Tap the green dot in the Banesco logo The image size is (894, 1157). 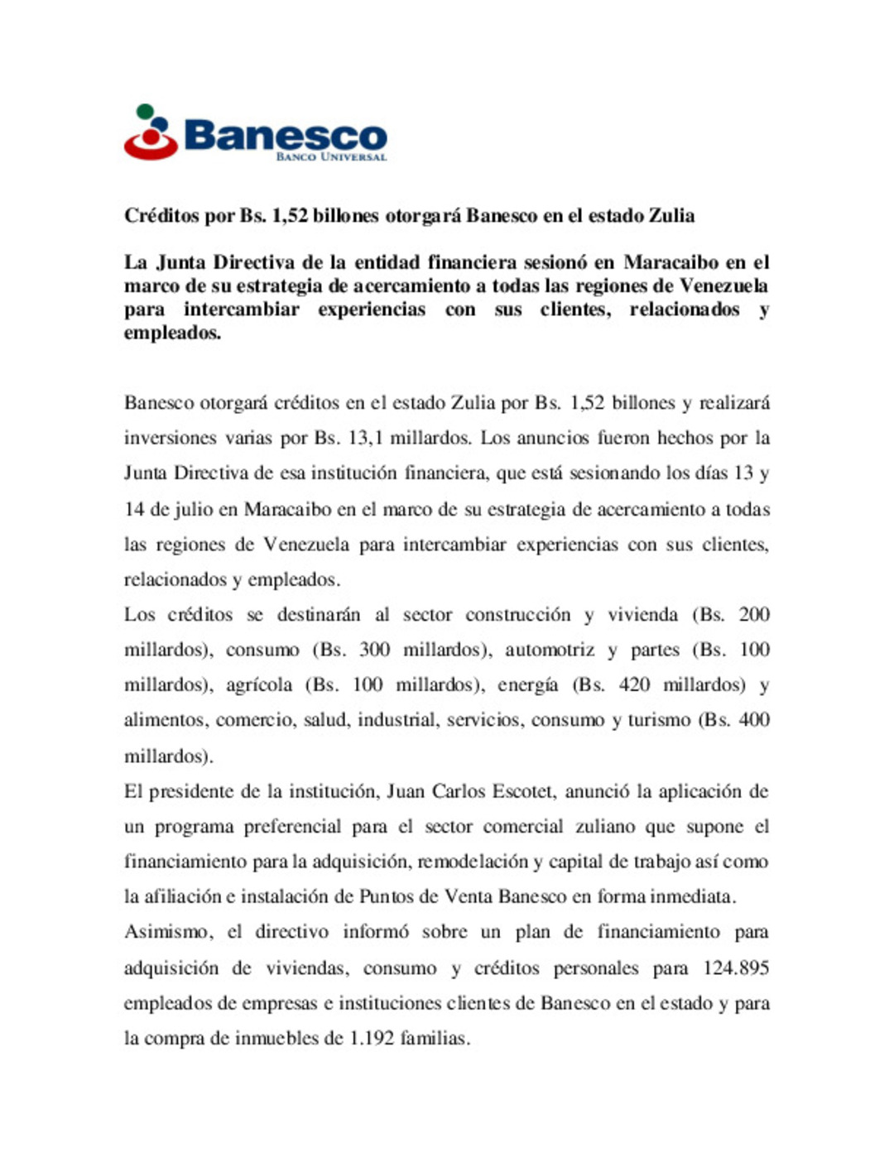point(145,110)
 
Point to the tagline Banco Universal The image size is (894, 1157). point(331,156)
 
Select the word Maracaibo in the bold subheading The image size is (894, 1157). point(670,262)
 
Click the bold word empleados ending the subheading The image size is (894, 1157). point(171,333)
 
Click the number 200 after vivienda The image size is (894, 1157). point(753,614)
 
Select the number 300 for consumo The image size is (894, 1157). point(374,650)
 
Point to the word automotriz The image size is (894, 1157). point(550,650)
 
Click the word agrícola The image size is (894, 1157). point(259,684)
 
